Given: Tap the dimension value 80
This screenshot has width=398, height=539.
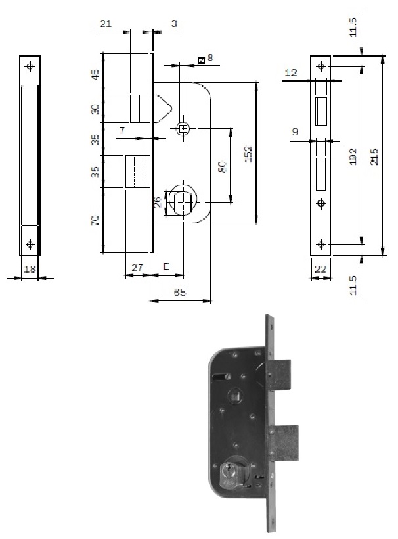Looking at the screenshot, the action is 223,167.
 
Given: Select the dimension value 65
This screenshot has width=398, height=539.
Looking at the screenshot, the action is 179,293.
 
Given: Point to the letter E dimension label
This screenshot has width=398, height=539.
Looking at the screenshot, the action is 166,267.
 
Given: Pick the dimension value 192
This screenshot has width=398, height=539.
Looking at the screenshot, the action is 353,156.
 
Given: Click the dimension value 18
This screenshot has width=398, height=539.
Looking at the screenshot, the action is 30,269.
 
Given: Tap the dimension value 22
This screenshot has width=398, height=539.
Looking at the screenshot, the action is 320,269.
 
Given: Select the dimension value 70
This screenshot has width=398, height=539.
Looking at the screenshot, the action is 95,220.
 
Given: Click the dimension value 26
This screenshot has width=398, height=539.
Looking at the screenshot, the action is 157,202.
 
